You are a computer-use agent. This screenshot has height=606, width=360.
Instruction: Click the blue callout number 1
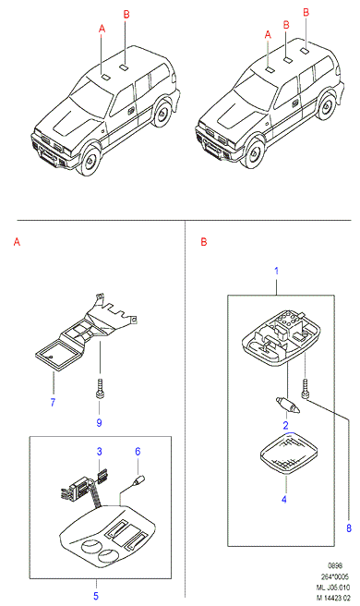click(x=276, y=271)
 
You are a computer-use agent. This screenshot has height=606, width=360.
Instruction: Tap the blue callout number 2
click(x=285, y=426)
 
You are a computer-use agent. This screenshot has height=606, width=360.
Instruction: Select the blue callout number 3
click(x=100, y=452)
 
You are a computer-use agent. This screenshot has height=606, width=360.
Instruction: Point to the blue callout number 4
click(x=284, y=500)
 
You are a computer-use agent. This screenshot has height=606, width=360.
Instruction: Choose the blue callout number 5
click(x=96, y=596)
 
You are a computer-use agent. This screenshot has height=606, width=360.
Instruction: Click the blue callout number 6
click(x=138, y=452)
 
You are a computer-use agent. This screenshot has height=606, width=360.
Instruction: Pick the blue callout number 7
click(x=53, y=402)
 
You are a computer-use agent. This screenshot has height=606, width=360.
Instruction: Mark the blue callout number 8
click(x=349, y=527)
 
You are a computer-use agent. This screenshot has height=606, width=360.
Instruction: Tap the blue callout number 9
click(x=99, y=422)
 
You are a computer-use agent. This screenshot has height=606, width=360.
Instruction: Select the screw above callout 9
click(x=99, y=389)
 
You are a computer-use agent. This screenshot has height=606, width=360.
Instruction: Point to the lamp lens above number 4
click(x=289, y=453)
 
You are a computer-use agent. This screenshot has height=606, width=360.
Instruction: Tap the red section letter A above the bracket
click(x=17, y=242)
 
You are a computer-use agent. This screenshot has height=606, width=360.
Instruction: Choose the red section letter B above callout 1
click(x=204, y=242)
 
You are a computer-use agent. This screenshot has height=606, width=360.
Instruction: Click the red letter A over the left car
click(x=102, y=29)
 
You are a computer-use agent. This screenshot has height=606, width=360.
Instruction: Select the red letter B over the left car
click(x=126, y=15)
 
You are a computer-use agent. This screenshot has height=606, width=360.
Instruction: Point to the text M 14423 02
click(x=332, y=598)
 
